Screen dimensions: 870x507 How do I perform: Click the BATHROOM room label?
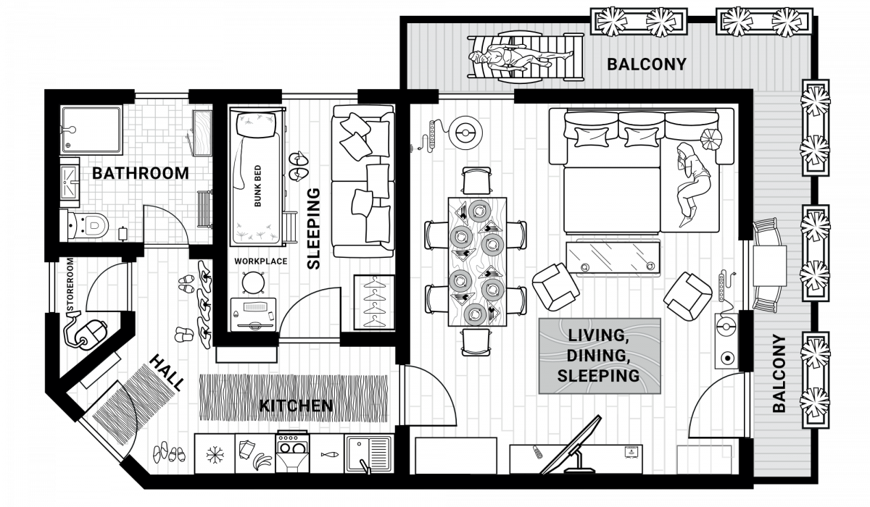click(140, 173)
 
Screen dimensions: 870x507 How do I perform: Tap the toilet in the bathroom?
click(88, 225)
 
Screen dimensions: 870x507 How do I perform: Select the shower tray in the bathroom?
click(91, 129)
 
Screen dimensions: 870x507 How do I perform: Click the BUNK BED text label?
click(257, 186)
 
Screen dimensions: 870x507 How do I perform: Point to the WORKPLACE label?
click(260, 261)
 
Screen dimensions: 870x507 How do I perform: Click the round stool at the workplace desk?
click(253, 282)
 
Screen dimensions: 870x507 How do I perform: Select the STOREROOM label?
click(70, 285)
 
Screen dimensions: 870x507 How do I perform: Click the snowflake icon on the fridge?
click(215, 455)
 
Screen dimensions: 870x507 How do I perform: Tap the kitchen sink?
click(369, 454)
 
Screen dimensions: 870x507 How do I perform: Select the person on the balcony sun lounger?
click(521, 58)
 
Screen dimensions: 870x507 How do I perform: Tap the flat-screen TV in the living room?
click(571, 446)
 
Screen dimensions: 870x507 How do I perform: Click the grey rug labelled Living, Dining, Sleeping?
click(600, 356)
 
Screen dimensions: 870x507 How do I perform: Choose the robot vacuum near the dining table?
click(465, 133)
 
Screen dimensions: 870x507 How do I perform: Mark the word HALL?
click(166, 373)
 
